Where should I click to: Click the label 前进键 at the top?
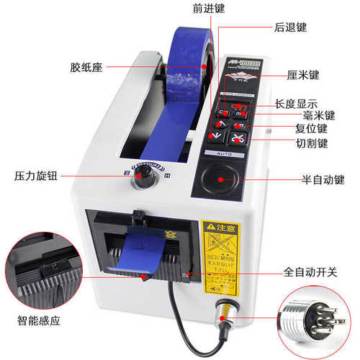click(207, 10)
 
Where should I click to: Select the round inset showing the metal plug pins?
click(318, 318)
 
